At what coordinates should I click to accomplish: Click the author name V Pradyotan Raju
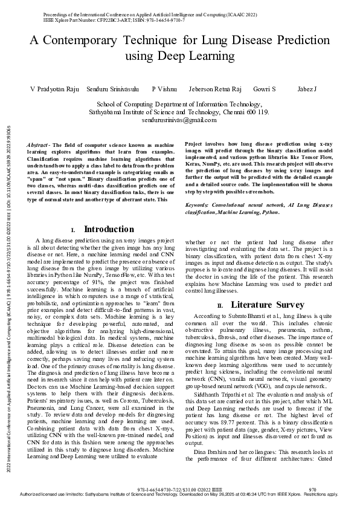pyautogui.click(x=54, y=89)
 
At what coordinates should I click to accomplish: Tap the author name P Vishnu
pyautogui.click(x=164, y=89)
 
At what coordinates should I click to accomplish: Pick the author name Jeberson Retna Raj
pyautogui.click(x=215, y=89)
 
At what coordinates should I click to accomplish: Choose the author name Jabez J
pyautogui.click(x=307, y=89)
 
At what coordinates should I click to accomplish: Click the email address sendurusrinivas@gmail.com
pyautogui.click(x=179, y=120)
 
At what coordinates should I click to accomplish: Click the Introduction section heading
pyautogui.click(x=109, y=229)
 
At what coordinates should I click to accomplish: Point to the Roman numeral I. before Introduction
pyautogui.click(x=73, y=230)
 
